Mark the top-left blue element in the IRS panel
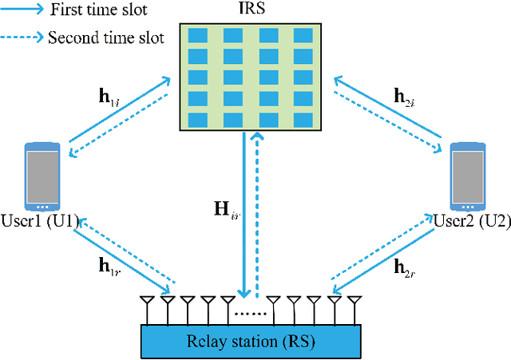tap(196, 36)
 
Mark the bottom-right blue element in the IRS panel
tap(303, 120)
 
